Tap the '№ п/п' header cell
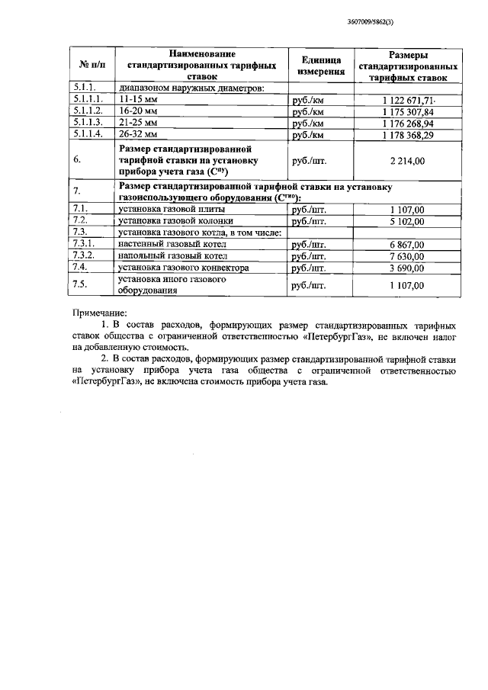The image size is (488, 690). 91,66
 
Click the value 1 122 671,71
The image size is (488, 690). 408,100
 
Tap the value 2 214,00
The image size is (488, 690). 408,160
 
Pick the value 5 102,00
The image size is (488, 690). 408,220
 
